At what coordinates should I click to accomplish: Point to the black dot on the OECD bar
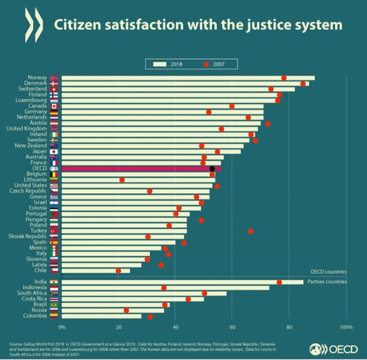click(212, 168)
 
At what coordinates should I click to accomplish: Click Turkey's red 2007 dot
click(251, 231)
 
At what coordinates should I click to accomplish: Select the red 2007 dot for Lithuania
click(122, 180)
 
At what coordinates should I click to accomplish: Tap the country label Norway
click(37, 77)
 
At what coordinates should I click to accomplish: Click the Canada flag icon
click(54, 106)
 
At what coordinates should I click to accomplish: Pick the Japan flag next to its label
click(54, 151)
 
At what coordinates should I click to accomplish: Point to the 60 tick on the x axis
click(232, 327)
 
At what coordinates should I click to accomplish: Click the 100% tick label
click(346, 327)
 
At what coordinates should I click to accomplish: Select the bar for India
click(181, 282)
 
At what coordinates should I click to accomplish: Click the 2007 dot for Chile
click(119, 271)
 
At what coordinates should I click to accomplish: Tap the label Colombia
click(35, 316)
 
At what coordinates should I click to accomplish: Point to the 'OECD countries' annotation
click(328, 272)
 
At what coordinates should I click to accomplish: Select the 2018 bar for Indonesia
click(164, 288)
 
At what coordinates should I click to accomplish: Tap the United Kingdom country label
click(32, 128)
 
